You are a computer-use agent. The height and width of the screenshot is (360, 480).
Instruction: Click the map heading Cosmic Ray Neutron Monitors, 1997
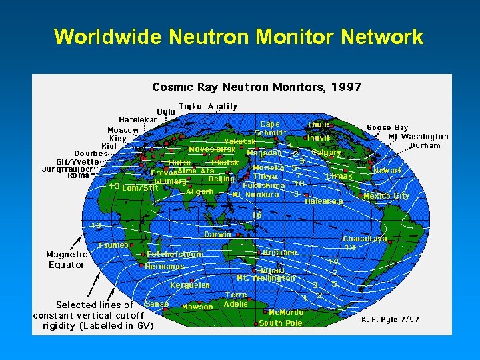click(257, 87)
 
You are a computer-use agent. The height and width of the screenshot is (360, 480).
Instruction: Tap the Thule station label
click(318, 125)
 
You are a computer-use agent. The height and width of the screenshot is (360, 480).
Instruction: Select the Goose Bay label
click(387, 127)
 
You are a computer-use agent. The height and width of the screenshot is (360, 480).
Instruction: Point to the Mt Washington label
click(418, 137)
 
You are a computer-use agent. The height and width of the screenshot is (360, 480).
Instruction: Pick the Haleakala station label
click(324, 201)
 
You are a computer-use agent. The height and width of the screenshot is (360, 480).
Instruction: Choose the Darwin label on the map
click(217, 235)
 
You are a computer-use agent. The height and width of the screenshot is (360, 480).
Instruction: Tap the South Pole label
click(281, 323)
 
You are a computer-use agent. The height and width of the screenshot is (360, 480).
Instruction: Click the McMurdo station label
click(286, 312)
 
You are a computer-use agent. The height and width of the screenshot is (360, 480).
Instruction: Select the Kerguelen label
click(190, 285)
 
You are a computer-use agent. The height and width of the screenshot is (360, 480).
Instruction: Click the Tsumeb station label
click(113, 245)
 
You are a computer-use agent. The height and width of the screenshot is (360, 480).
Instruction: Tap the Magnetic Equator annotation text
click(66, 259)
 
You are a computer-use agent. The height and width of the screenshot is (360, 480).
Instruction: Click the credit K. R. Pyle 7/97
click(390, 320)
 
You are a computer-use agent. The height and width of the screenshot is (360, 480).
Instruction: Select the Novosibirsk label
click(212, 149)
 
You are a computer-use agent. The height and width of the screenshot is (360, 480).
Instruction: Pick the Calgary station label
click(326, 153)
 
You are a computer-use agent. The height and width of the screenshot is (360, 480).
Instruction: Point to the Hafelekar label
click(138, 120)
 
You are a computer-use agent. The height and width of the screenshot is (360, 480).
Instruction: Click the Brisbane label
click(280, 253)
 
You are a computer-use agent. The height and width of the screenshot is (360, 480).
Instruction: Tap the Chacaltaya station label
click(365, 239)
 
